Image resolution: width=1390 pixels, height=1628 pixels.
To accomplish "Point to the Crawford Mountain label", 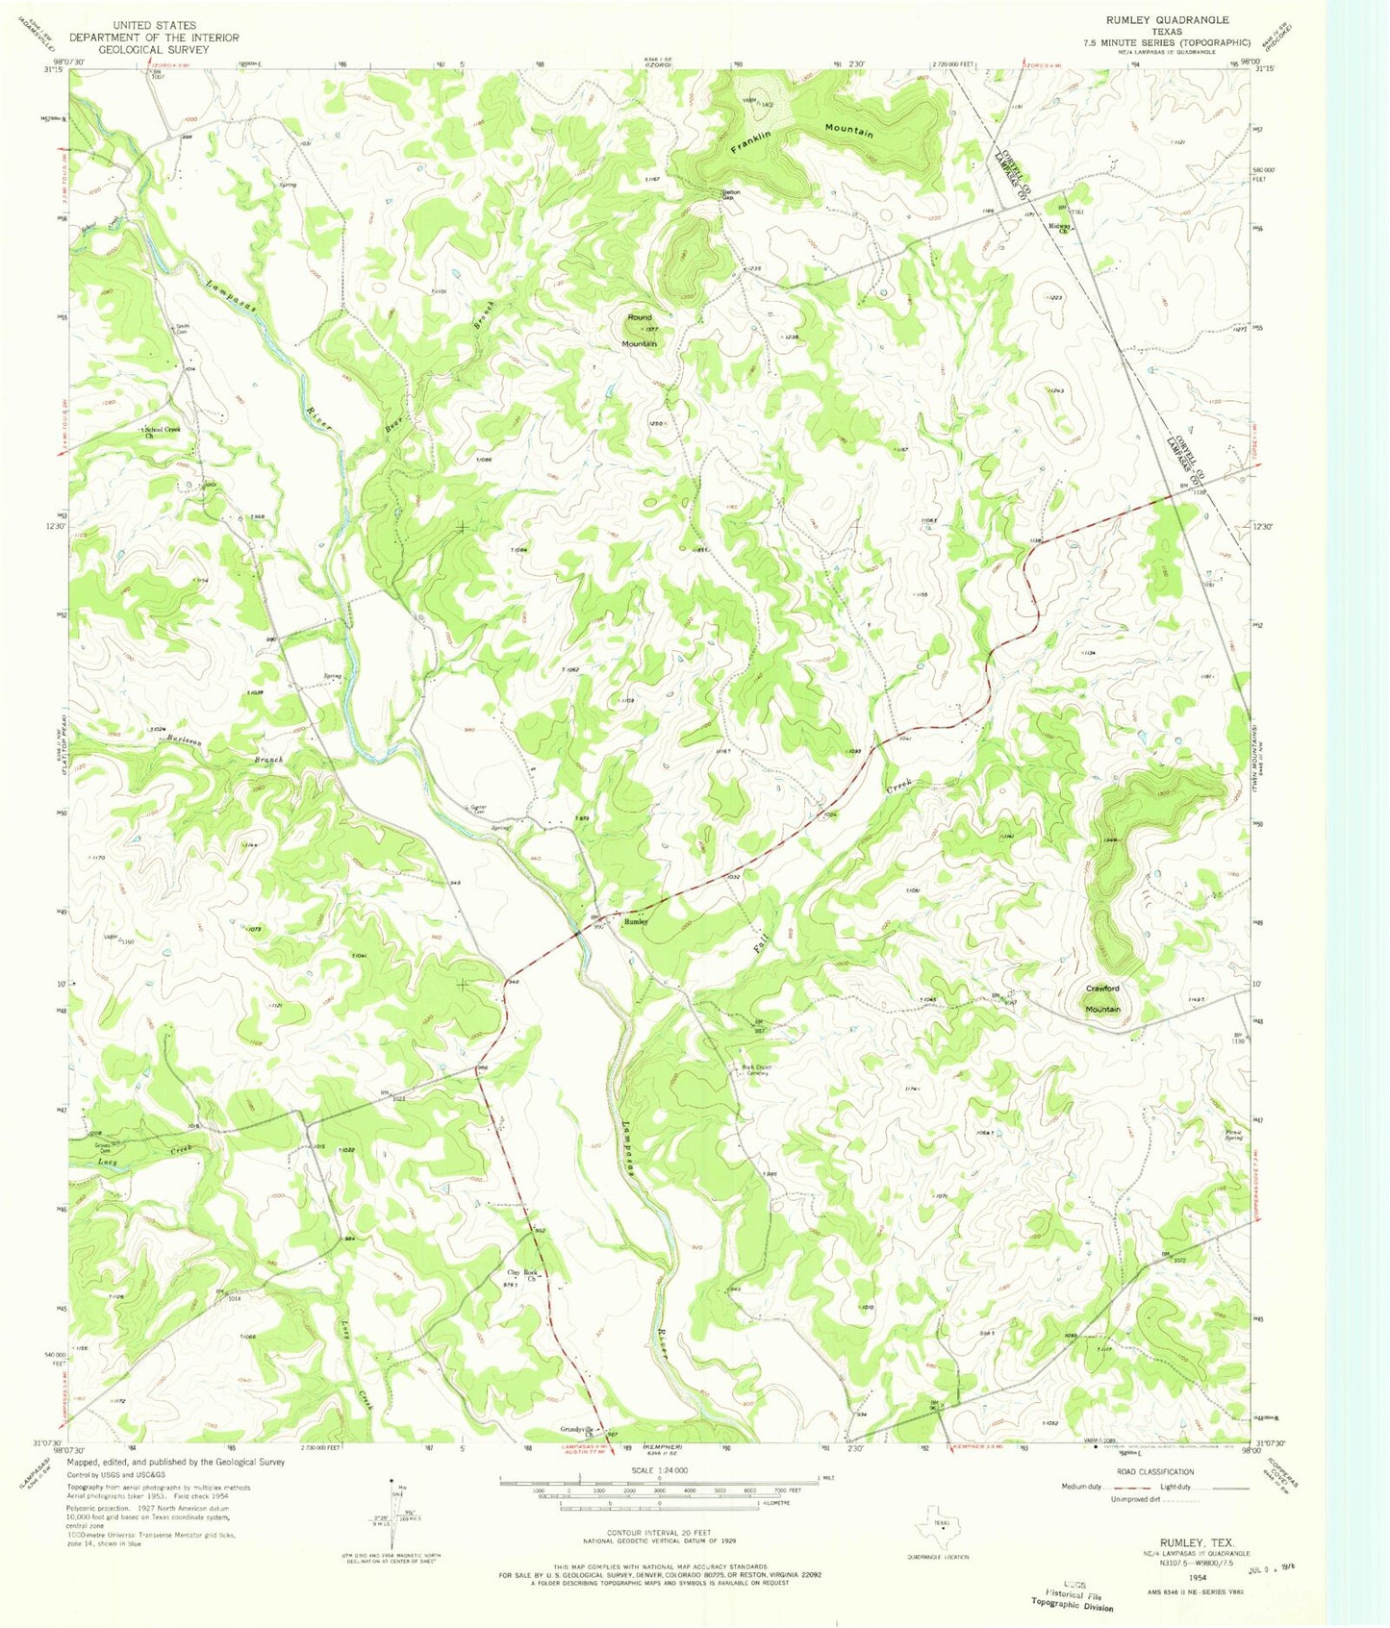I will pyautogui.click(x=1102, y=998).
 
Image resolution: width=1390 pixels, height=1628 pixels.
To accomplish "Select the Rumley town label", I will pyautogui.click(x=636, y=921).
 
